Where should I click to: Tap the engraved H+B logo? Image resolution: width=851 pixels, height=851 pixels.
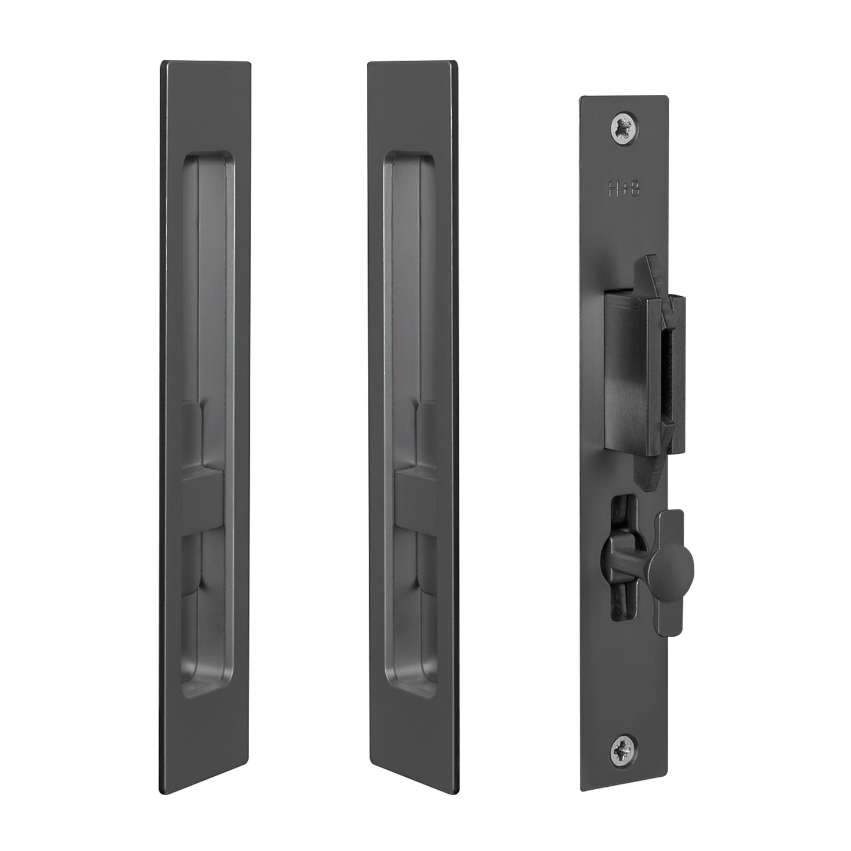tap(624, 188)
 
